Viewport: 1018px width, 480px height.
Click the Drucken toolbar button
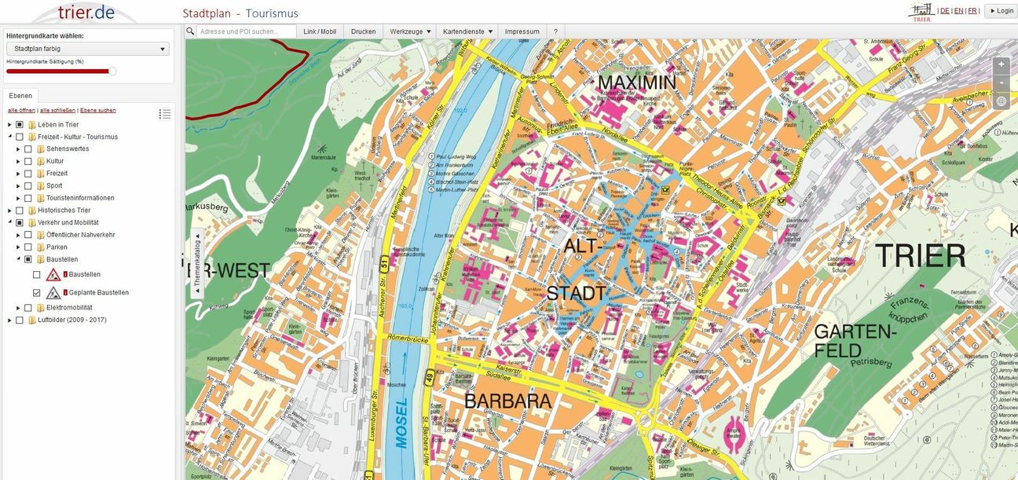(363, 31)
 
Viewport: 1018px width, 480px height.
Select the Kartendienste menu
(468, 31)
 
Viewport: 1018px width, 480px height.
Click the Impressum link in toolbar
(522, 31)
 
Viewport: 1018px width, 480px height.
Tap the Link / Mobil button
(320, 31)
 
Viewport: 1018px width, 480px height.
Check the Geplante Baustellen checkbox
(37, 292)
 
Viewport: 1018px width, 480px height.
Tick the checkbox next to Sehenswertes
(28, 148)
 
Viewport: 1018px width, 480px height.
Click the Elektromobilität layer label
(69, 307)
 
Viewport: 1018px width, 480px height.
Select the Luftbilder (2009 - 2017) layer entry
(71, 320)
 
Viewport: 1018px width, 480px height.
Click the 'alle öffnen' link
(21, 110)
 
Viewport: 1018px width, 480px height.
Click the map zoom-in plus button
(1001, 64)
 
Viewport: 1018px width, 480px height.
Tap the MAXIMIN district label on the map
(636, 82)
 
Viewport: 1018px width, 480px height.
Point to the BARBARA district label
(507, 401)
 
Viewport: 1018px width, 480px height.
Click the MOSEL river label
(402, 425)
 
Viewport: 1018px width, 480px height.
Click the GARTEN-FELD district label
(855, 341)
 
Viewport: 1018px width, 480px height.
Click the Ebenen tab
(20, 95)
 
